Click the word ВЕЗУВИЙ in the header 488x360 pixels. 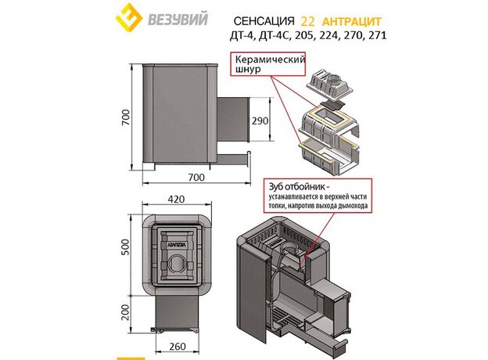[178, 19]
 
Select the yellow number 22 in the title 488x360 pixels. [308, 21]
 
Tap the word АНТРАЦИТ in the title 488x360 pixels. [352, 21]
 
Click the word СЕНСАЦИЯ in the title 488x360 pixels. [264, 21]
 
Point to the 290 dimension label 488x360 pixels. [260, 121]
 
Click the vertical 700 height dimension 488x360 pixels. [125, 117]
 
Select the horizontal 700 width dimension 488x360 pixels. [196, 177]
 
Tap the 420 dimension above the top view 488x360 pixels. [176, 199]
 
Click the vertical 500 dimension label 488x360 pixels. [125, 247]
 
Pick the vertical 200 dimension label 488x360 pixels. [125, 312]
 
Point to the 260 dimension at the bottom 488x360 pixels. [178, 346]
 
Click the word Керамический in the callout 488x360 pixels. [270, 59]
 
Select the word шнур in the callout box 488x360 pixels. [248, 69]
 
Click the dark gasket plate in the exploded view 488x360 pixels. [332, 105]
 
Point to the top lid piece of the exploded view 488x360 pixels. [330, 84]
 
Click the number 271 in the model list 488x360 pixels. [377, 35]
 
